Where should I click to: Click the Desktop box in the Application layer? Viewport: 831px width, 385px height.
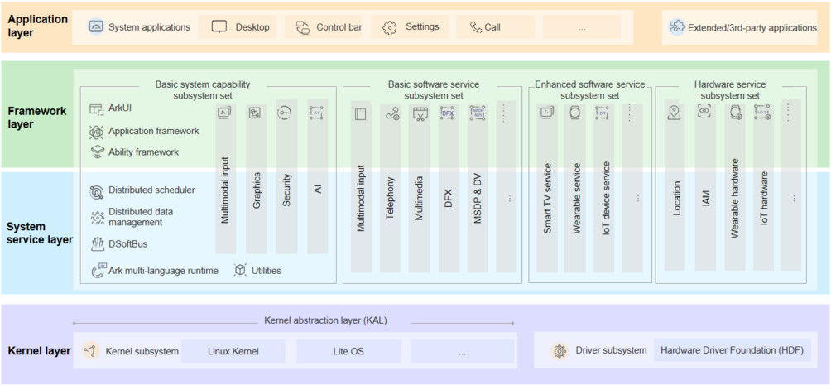(241, 27)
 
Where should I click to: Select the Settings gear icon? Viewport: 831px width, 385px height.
(390, 27)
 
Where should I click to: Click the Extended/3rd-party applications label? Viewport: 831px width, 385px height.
(752, 28)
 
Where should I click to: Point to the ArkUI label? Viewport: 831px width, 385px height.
(120, 108)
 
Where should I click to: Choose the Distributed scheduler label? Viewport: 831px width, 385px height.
(151, 190)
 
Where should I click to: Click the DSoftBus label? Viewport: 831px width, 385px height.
(127, 244)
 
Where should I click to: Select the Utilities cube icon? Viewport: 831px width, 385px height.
(241, 270)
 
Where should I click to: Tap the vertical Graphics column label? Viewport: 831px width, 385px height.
(257, 190)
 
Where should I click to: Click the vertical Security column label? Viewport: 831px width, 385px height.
(286, 190)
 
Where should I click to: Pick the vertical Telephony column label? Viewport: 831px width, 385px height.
(391, 198)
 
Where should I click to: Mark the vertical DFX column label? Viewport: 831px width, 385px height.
(448, 198)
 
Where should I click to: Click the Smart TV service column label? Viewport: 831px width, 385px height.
(547, 198)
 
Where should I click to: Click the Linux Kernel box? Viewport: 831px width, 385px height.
(233, 351)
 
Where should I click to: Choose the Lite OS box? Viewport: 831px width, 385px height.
(348, 351)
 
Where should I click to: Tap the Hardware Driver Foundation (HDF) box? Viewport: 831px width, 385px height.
(732, 350)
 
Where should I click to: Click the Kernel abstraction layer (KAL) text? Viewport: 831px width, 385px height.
(325, 320)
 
